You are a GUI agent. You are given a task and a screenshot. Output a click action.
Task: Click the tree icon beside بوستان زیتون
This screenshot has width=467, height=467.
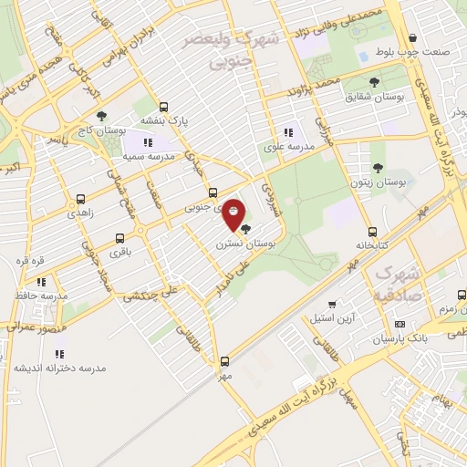[378, 168]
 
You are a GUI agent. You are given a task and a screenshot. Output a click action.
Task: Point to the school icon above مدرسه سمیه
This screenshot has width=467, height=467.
[149, 142]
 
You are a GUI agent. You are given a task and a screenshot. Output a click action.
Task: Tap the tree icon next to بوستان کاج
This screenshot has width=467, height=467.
[100, 116]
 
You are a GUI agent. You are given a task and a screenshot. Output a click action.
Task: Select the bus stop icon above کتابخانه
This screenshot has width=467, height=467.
[372, 232]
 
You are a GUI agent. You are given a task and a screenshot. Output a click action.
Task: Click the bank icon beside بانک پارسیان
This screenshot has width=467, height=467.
[400, 324]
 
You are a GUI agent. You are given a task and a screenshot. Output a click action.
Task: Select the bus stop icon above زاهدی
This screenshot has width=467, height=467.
[81, 198]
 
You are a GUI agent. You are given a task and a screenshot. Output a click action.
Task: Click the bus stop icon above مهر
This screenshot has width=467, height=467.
[225, 361]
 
